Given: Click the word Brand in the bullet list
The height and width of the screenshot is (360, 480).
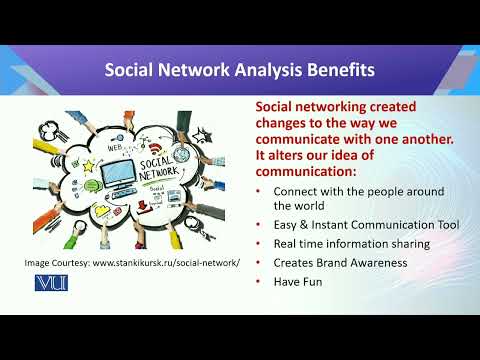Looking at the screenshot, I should click(330, 262).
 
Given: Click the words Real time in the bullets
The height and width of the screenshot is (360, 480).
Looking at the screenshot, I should click(297, 243).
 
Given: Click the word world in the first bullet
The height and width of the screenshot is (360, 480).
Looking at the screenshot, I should click(310, 206).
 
